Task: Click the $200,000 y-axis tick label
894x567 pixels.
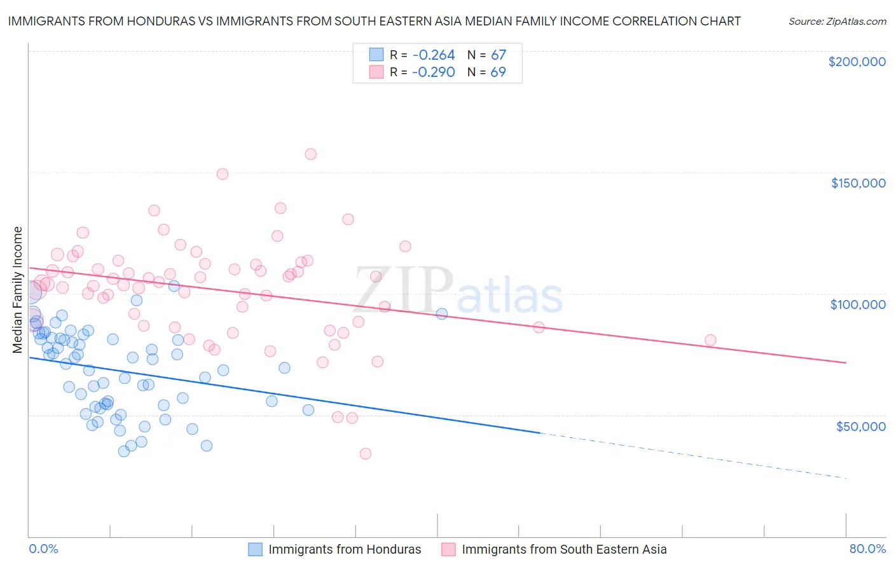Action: [x=856, y=62]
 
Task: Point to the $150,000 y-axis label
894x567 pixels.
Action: [x=858, y=183]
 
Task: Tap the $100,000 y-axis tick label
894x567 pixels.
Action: [x=858, y=304]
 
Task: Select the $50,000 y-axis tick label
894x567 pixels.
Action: [x=860, y=426]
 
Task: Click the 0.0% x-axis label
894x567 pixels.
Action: [x=43, y=549]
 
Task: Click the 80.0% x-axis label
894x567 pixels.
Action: [x=867, y=549]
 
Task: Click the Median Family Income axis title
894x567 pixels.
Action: [x=18, y=289]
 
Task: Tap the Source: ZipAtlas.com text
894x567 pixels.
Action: [x=837, y=21]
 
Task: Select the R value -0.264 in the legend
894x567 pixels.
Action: [x=433, y=55]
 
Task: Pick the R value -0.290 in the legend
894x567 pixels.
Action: [x=433, y=72]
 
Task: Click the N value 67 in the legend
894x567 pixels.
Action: [x=498, y=55]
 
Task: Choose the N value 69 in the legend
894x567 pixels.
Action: [x=498, y=72]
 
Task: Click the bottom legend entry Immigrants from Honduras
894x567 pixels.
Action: [x=344, y=549]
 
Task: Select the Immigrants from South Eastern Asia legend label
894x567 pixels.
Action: [x=563, y=549]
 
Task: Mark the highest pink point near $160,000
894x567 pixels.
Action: [x=310, y=154]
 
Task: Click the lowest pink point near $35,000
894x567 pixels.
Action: [x=365, y=453]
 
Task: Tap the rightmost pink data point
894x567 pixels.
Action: [x=710, y=340]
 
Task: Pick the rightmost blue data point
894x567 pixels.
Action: [x=442, y=313]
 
